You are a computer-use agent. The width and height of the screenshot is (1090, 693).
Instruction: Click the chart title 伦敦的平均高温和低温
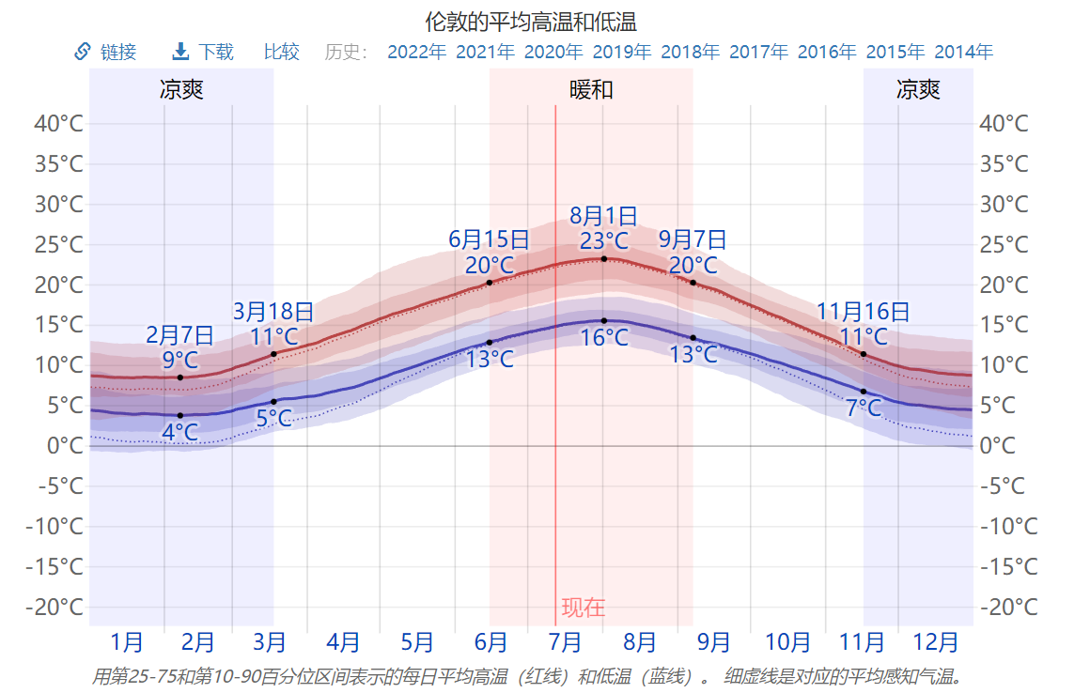531,21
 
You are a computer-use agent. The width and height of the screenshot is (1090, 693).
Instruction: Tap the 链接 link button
105,52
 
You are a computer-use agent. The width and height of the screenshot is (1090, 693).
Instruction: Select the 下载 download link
204,52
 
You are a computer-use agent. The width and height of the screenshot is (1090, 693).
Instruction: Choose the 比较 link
282,52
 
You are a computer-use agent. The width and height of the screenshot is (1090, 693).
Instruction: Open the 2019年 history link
621,52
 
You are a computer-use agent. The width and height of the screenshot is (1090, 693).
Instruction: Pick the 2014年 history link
963,52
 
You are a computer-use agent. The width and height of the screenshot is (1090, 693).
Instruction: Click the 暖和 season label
591,90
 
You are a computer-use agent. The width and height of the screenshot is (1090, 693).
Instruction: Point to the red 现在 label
584,608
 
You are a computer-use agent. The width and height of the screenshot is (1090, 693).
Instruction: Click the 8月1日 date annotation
603,217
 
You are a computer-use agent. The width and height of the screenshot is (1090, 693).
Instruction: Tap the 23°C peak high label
603,241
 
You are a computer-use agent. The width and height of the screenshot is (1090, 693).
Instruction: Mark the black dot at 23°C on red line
604,258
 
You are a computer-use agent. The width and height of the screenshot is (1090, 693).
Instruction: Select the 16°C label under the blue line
603,337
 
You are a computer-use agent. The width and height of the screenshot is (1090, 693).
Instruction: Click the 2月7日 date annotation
179,335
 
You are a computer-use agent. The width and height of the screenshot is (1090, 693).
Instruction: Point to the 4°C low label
179,432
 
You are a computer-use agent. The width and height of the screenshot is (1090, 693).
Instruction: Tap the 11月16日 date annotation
863,312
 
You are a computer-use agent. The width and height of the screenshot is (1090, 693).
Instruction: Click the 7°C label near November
863,408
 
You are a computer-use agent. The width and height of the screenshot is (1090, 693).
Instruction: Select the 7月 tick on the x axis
565,643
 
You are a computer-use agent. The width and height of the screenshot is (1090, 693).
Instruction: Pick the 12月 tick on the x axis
936,643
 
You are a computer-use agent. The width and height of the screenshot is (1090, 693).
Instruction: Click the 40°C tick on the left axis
59,124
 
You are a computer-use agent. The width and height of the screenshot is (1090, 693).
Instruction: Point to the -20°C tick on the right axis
1008,607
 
